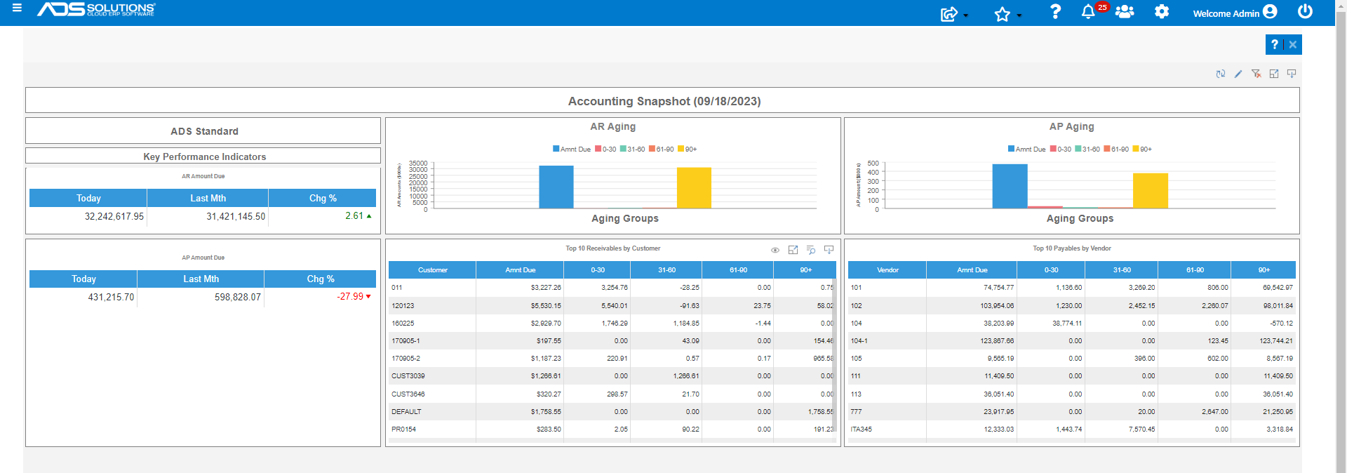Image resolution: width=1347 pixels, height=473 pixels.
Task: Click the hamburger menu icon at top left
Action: point(17,8)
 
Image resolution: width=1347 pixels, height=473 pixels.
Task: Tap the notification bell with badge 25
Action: point(1088,12)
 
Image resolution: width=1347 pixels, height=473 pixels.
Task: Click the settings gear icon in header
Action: point(1162,12)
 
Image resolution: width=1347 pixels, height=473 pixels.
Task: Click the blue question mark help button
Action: point(1275,44)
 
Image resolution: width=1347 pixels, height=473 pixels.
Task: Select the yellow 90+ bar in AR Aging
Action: point(694,187)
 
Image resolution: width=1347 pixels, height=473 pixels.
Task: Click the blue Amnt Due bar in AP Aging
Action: point(1010,186)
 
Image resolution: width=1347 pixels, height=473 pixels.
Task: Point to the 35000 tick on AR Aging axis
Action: point(418,164)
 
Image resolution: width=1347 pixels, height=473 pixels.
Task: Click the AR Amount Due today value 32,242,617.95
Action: point(114,216)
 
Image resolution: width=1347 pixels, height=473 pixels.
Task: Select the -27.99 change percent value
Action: point(350,297)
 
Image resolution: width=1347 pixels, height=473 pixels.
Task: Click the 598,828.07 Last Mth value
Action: point(237,298)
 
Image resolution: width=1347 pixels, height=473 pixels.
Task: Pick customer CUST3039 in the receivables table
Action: point(408,376)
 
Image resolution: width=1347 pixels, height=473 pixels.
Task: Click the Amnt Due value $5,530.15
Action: point(546,306)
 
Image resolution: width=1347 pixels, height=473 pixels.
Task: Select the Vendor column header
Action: point(887,270)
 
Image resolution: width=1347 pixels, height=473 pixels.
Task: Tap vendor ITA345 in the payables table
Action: point(861,429)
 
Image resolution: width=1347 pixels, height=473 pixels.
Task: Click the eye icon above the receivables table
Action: point(775,251)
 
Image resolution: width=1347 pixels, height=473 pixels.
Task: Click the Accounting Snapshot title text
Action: point(664,101)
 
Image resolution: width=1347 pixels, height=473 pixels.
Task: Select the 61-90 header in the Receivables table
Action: point(738,270)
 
